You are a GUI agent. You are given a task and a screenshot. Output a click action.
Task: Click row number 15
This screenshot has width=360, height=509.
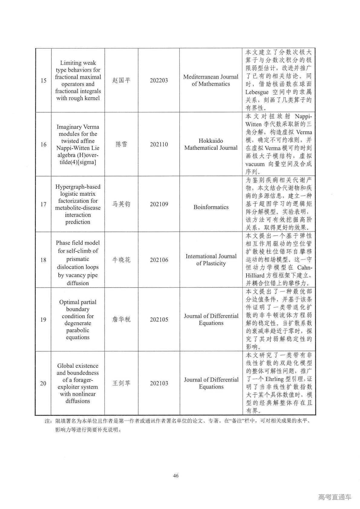pos(43,80)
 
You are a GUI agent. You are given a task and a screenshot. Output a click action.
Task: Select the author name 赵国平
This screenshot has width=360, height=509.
pos(121,80)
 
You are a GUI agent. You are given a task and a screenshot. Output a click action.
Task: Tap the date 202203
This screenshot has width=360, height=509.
pos(159,80)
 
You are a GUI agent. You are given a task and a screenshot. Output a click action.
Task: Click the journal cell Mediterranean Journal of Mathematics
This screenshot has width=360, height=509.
pos(211,80)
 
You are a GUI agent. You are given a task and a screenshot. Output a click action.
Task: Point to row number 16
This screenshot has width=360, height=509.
pos(43,144)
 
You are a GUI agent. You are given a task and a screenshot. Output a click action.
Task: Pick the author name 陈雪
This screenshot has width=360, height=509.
pos(121,144)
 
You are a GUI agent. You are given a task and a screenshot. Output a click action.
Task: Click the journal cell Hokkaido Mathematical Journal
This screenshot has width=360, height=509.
pos(211,144)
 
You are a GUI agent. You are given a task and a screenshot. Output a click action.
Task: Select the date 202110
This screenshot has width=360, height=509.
pos(159,144)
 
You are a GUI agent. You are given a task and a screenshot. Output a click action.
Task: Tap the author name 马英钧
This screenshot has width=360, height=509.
pos(121,204)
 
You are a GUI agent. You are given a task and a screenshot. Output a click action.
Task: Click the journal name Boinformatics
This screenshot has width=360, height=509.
pos(211,207)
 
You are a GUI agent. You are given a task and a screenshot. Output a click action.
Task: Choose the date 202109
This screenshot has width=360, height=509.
pos(159,204)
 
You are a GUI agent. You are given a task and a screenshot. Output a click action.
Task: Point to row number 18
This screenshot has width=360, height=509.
pos(43,260)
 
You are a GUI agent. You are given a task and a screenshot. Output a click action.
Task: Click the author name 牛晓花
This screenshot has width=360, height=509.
pos(121,260)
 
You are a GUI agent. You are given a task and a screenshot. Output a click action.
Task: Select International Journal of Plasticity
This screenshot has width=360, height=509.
pos(211,260)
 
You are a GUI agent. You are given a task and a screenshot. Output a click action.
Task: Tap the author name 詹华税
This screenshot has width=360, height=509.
pos(121,320)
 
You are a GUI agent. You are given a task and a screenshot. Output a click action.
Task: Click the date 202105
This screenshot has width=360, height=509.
pos(159,320)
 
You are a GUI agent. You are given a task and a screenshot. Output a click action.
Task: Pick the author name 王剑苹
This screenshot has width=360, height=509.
pos(121,383)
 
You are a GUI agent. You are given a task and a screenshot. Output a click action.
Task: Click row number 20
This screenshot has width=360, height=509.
pos(43,383)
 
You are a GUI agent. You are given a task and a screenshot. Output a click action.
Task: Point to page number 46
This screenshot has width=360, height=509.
pos(176,476)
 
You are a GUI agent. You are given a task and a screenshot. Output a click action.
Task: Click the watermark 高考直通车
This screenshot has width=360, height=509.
pos(335,497)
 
